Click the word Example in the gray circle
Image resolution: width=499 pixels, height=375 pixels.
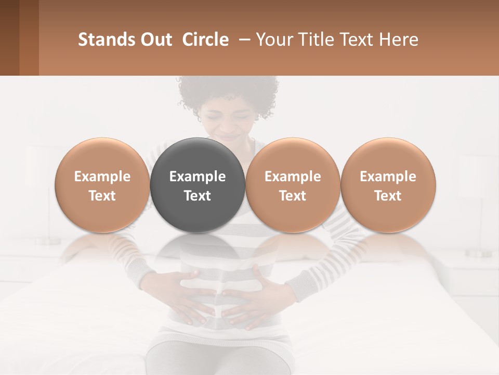[198, 177]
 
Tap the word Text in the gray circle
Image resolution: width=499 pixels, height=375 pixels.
[198, 196]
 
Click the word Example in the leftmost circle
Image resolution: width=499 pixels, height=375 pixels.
[102, 177]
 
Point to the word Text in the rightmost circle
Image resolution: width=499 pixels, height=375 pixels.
[388, 196]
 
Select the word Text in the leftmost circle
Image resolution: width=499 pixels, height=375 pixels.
[102, 196]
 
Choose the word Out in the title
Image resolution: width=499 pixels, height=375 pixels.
[155, 40]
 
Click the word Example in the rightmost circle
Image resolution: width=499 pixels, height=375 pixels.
[388, 177]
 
